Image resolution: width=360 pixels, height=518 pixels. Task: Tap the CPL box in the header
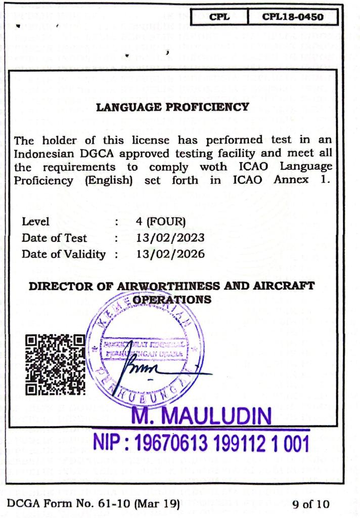219,17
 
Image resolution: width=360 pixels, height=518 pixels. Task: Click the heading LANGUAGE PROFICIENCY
173,107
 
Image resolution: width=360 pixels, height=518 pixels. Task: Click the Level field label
35,222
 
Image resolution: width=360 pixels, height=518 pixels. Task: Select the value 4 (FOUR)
161,222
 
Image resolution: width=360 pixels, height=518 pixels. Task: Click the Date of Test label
54,238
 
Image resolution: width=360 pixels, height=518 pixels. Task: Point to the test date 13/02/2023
170,238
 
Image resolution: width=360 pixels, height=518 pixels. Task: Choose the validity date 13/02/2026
170,254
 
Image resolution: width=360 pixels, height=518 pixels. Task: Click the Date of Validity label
64,254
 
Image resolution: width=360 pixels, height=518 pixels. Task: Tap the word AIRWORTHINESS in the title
168,286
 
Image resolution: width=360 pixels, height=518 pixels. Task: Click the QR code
56,364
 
